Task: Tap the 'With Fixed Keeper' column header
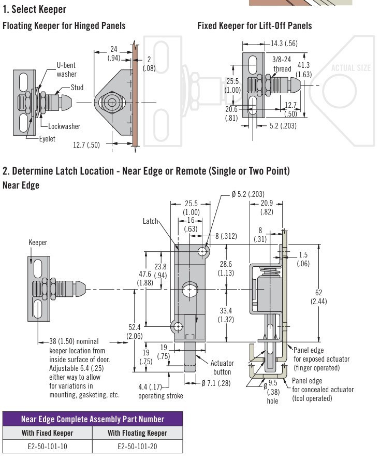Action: pyautogui.click(x=47, y=433)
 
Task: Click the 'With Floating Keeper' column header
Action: pyautogui.click(x=137, y=433)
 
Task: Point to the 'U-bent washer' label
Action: pyautogui.click(x=66, y=70)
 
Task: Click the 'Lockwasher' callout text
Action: pyautogui.click(x=64, y=126)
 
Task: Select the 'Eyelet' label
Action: pyautogui.click(x=47, y=139)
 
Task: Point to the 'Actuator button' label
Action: pyautogui.click(x=223, y=367)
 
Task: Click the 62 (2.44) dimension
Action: pyautogui.click(x=318, y=297)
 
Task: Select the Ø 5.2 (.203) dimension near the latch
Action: pyautogui.click(x=249, y=194)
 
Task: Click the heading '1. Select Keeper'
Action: pyautogui.click(x=34, y=9)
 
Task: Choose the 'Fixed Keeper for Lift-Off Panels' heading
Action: pyautogui.click(x=255, y=25)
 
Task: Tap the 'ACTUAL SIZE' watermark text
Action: pyautogui.click(x=351, y=68)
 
